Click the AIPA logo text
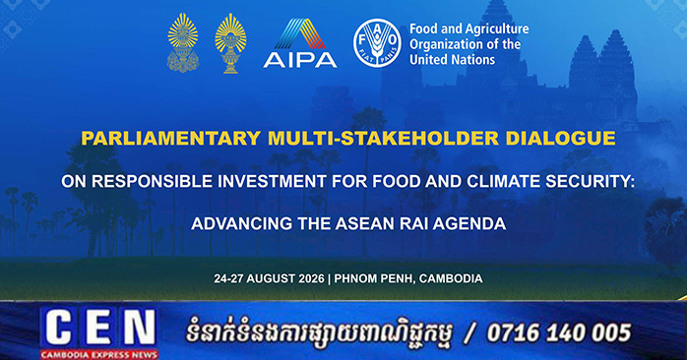300,60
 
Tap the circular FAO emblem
377,43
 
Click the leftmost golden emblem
183,42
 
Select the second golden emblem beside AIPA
230,43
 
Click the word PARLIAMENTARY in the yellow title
171,139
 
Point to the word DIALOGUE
560,139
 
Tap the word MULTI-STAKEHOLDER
384,139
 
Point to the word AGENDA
470,224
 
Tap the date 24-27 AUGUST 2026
270,278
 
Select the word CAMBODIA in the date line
451,278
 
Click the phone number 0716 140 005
559,332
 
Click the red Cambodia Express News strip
99,354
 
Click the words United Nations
452,60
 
